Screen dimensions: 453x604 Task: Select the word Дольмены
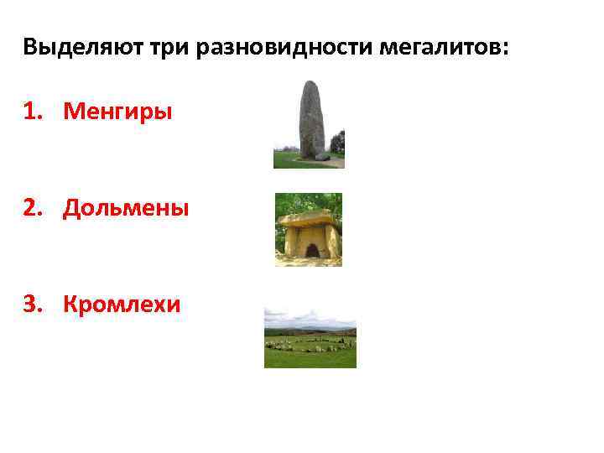[126, 207]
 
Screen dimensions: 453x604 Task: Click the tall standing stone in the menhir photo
[311, 117]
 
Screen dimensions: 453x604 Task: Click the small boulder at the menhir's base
[323, 156]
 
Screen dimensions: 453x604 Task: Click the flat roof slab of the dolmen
[309, 221]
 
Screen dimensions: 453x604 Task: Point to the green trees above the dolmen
[309, 201]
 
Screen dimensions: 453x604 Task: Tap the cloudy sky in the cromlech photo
[310, 317]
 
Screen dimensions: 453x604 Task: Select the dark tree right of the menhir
[337, 143]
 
